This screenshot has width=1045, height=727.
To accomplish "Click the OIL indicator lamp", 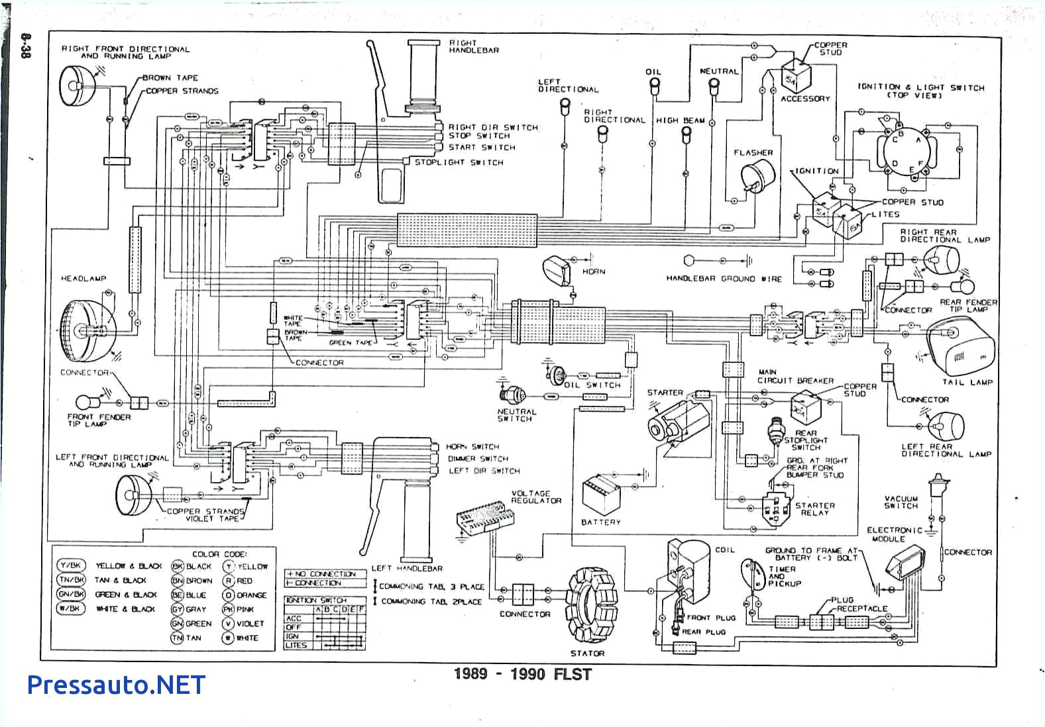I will (653, 85).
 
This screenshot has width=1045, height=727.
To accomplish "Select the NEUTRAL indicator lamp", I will (714, 84).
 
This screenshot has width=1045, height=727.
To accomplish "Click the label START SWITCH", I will (482, 148).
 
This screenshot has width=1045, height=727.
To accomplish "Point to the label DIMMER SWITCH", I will (478, 459).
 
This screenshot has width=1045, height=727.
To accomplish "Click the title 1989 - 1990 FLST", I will (522, 674).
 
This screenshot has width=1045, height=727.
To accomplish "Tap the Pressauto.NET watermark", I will (117, 685).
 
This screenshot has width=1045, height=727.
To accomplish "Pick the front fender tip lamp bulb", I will (85, 402).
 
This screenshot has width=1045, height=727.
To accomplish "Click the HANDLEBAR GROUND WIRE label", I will (724, 279).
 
